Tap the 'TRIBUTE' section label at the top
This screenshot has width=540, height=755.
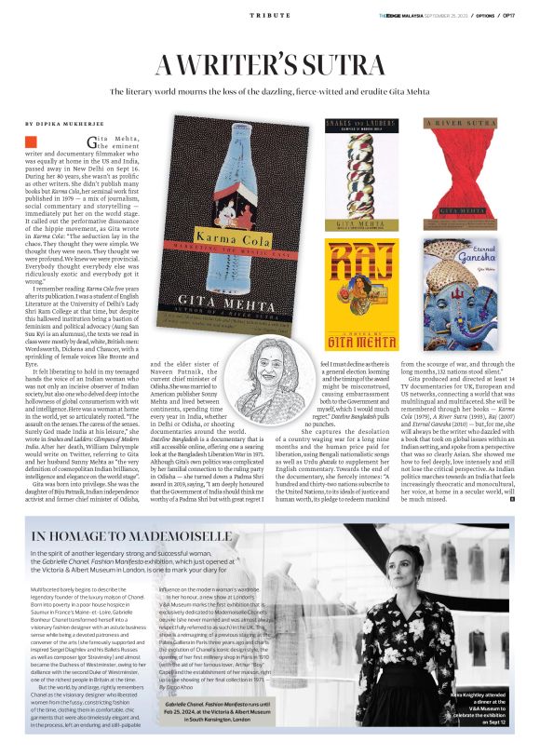tap(269, 17)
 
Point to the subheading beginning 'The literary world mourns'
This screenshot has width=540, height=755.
tap(269, 93)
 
